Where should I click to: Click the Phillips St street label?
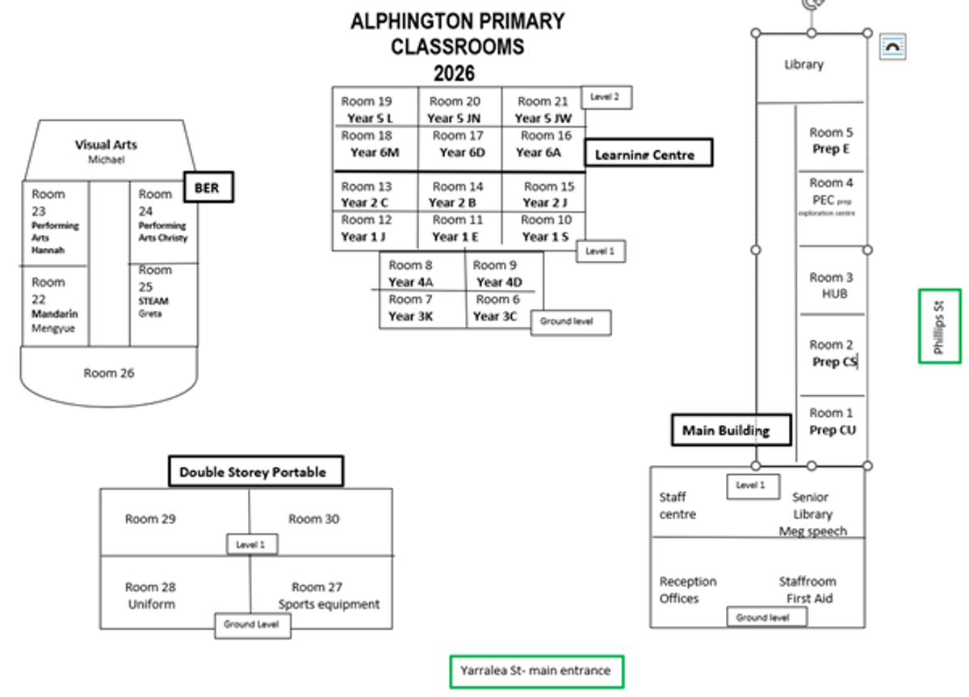(x=939, y=326)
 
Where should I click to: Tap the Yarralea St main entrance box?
(x=535, y=670)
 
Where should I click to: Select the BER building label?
(x=208, y=187)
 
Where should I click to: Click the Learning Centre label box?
(x=648, y=153)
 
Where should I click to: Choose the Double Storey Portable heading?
(x=256, y=472)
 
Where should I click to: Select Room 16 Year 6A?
(x=542, y=144)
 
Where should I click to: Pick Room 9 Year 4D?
(x=499, y=274)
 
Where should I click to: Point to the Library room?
(x=804, y=65)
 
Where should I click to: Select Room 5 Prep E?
(x=831, y=141)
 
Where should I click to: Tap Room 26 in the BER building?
(x=109, y=373)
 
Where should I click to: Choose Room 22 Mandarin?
(x=54, y=305)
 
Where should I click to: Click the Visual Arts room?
(x=107, y=151)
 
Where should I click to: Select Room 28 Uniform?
(x=151, y=595)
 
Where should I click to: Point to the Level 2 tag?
(x=606, y=97)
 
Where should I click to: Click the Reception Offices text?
(x=688, y=590)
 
